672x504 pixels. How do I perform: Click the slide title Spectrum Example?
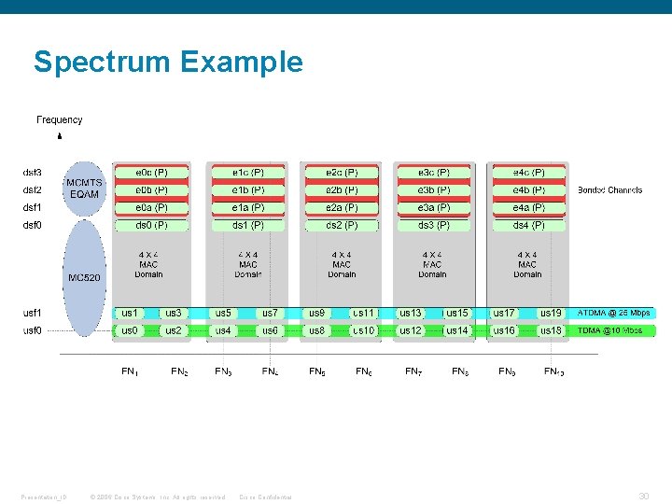[x=168, y=63]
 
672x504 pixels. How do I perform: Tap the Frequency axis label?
[x=59, y=119]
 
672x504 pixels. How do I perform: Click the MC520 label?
[x=83, y=277]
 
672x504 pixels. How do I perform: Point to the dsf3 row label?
[x=33, y=173]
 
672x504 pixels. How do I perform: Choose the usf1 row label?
[x=33, y=313]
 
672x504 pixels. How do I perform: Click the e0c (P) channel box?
[x=151, y=173]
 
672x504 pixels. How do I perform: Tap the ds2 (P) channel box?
[x=342, y=225]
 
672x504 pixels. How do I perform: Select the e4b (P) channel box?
[x=528, y=190]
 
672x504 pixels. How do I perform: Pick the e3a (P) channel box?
[x=433, y=207]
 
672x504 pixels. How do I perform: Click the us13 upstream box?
[x=411, y=313]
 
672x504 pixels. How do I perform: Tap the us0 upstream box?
[x=130, y=330]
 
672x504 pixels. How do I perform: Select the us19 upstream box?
[x=551, y=313]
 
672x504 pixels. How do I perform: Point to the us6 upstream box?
[x=270, y=330]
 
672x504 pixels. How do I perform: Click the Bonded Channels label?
[x=609, y=190]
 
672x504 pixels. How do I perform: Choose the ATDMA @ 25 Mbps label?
[x=613, y=313]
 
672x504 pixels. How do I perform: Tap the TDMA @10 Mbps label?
[x=609, y=330]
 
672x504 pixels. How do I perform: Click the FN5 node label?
[x=317, y=371]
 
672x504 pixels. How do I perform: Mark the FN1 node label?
[x=131, y=371]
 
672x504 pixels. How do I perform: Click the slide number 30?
[x=643, y=496]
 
